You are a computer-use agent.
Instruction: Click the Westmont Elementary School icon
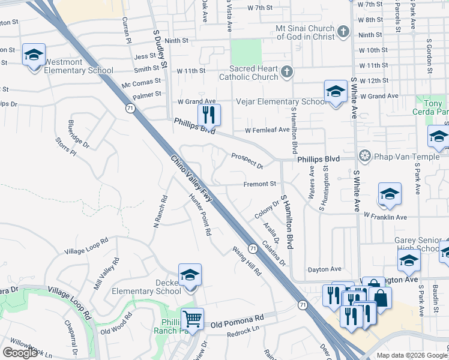point(34,55)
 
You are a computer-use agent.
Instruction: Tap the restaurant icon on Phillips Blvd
point(209,115)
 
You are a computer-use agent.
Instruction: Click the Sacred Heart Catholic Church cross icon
point(287,72)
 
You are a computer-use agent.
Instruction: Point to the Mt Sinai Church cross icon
point(343,31)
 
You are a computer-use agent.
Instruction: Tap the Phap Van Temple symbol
point(363,157)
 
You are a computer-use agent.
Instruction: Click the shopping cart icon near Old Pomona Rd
point(193,319)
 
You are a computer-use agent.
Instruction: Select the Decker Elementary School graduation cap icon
point(190,275)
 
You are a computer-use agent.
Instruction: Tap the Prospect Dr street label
point(247,160)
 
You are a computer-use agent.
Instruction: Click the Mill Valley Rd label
point(107,274)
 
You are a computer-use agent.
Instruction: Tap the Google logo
point(20,353)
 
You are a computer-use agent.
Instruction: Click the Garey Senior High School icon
point(409,262)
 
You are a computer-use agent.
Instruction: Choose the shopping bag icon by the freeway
point(380,297)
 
